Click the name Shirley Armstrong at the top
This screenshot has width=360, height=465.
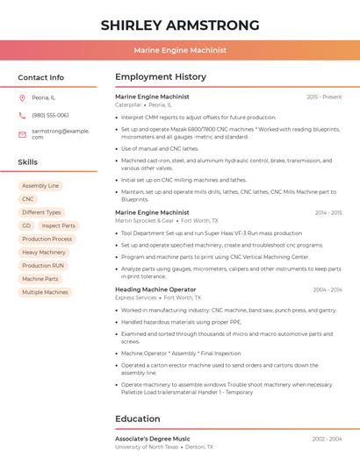click(x=180, y=25)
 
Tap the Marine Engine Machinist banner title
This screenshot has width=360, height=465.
click(x=180, y=51)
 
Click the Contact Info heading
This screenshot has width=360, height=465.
click(x=40, y=77)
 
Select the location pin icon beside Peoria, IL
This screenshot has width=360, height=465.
click(x=22, y=97)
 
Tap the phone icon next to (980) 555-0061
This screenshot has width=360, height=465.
click(x=22, y=115)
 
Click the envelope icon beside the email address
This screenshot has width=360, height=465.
click(x=22, y=133)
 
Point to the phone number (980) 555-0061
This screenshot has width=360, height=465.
click(x=50, y=115)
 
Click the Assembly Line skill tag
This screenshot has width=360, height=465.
click(x=40, y=186)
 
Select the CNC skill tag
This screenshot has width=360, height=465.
click(x=28, y=199)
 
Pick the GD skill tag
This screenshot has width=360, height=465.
click(x=26, y=225)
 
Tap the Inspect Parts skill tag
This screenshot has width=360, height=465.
click(x=58, y=225)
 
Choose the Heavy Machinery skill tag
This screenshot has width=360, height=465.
click(x=44, y=252)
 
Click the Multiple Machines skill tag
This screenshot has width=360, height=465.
click(x=45, y=292)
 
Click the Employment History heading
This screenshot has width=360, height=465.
click(x=161, y=77)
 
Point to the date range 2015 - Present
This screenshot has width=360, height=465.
click(x=324, y=97)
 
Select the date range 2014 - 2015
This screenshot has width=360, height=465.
click(x=328, y=212)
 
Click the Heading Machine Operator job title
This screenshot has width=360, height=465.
click(x=155, y=290)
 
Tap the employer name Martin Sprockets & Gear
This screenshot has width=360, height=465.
click(x=144, y=221)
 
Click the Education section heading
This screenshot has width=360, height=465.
click(x=137, y=418)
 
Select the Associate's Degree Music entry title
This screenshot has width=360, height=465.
click(x=152, y=439)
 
